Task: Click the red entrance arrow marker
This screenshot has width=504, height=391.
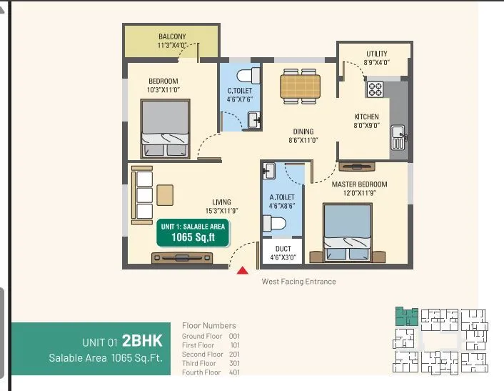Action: [x=242, y=270]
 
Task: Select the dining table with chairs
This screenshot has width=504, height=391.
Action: [x=299, y=86]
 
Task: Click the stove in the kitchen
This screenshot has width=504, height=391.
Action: [x=376, y=89]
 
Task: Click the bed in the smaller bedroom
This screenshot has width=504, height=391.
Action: [x=166, y=127]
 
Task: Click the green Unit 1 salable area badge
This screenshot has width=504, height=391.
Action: [x=193, y=232]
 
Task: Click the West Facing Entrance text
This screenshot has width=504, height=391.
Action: [x=298, y=282]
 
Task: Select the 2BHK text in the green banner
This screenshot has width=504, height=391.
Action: [x=142, y=340]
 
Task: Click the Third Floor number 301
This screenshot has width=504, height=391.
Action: [x=235, y=363]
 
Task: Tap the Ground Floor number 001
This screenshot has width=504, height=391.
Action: [x=235, y=336]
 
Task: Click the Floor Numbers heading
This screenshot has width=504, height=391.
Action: [x=208, y=326]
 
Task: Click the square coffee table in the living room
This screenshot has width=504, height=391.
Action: [x=166, y=193]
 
